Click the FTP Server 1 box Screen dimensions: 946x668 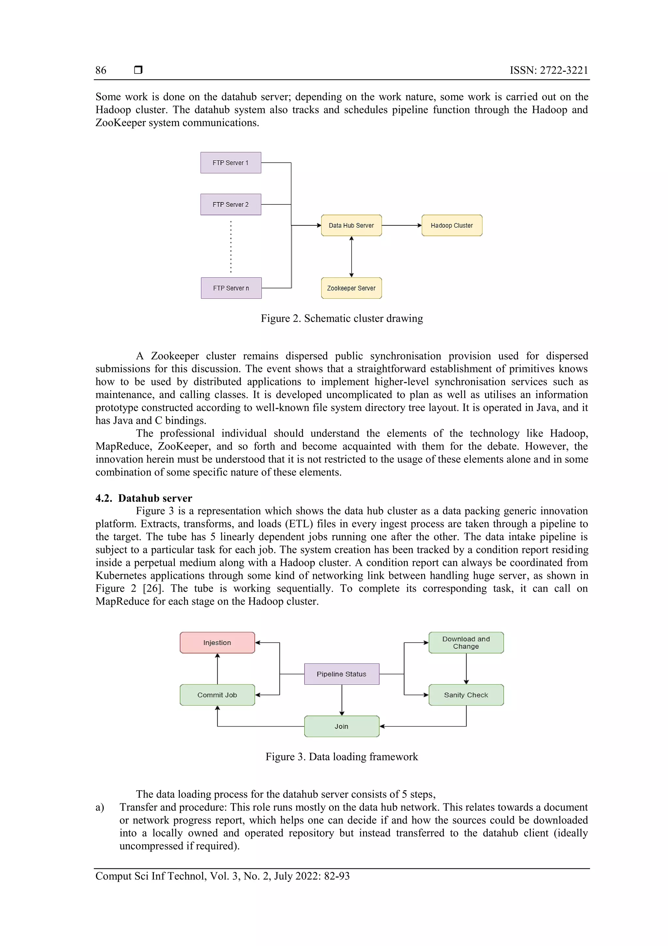pyautogui.click(x=231, y=163)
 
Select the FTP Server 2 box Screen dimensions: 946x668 pyautogui.click(x=231, y=204)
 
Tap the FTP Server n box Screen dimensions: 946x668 pyautogui.click(x=231, y=288)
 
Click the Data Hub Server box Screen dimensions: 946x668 pyautogui.click(x=351, y=225)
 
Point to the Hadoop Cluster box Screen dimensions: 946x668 pyautogui.click(x=451, y=225)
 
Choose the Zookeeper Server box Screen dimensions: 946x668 pyautogui.click(x=351, y=288)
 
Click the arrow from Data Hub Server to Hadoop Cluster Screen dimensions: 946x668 pyautogui.click(x=401, y=225)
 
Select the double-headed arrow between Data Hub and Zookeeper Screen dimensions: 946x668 pyautogui.click(x=351, y=257)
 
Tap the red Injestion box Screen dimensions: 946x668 pyautogui.click(x=217, y=642)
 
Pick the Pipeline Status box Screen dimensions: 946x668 pyautogui.click(x=342, y=674)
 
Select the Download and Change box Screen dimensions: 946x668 pyautogui.click(x=466, y=642)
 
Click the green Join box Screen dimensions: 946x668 pyautogui.click(x=342, y=726)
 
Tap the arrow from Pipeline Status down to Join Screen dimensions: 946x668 pyautogui.click(x=342, y=700)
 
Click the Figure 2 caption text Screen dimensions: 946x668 pyautogui.click(x=342, y=318)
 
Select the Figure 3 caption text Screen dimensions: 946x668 pyautogui.click(x=342, y=757)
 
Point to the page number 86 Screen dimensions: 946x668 pyautogui.click(x=101, y=71)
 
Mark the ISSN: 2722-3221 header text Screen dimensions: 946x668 pyautogui.click(x=549, y=71)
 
